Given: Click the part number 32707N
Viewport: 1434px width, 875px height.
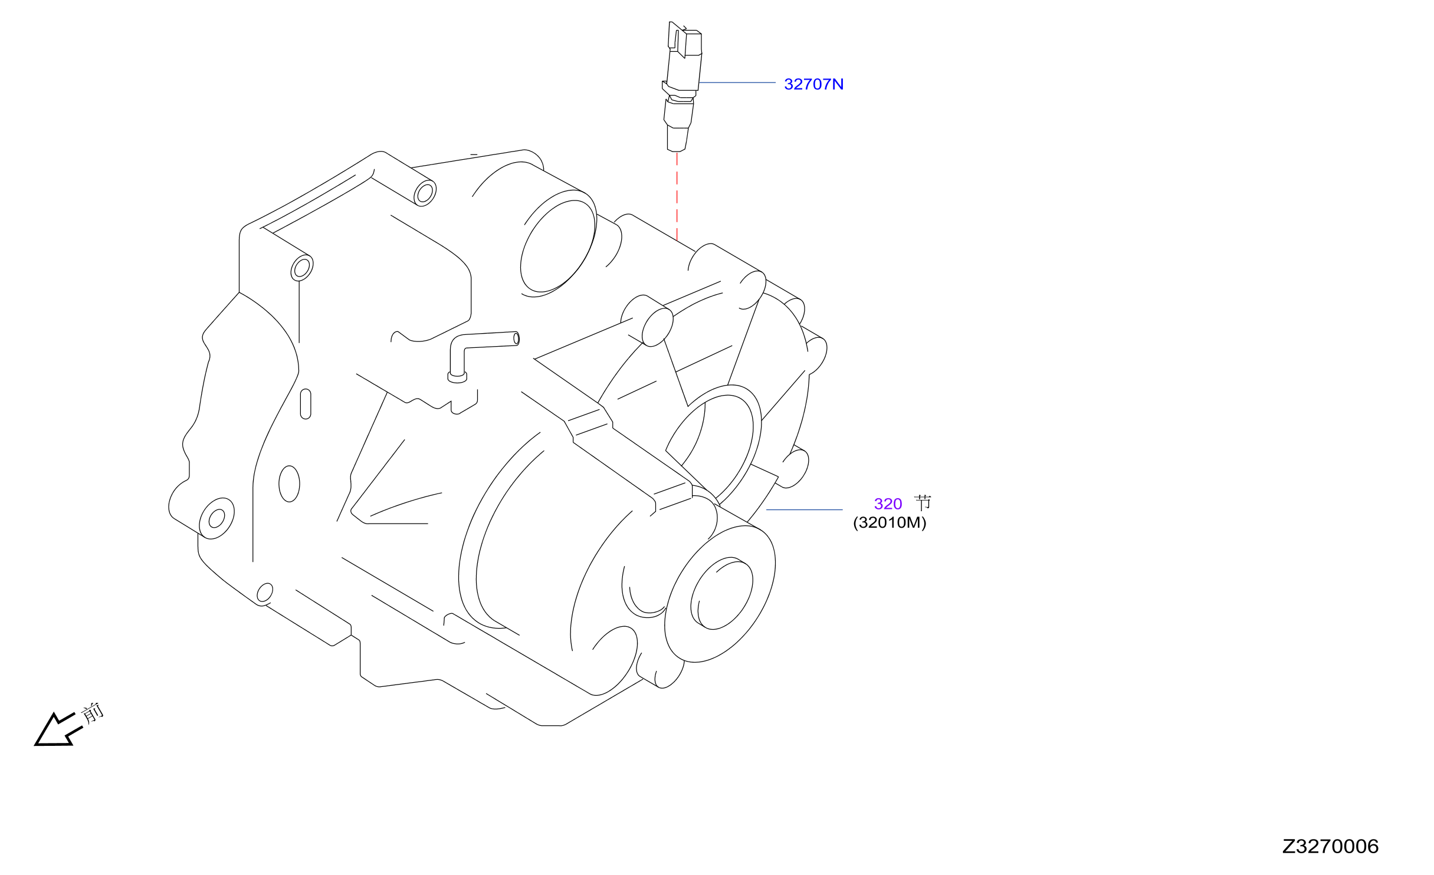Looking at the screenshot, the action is pos(813,84).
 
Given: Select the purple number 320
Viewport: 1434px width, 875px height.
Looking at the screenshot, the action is pos(888,504).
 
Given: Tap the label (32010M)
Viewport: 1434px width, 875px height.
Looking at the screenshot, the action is pos(890,522).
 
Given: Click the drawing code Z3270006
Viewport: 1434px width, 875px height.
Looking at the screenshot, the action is pos(1330,846).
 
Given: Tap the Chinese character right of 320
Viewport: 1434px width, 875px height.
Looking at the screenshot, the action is pos(923,503).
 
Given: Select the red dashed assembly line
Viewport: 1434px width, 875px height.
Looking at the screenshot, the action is pos(677,196).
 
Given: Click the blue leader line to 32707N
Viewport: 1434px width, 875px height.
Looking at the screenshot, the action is pos(737,83).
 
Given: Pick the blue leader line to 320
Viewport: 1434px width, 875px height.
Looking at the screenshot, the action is pos(804,509).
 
